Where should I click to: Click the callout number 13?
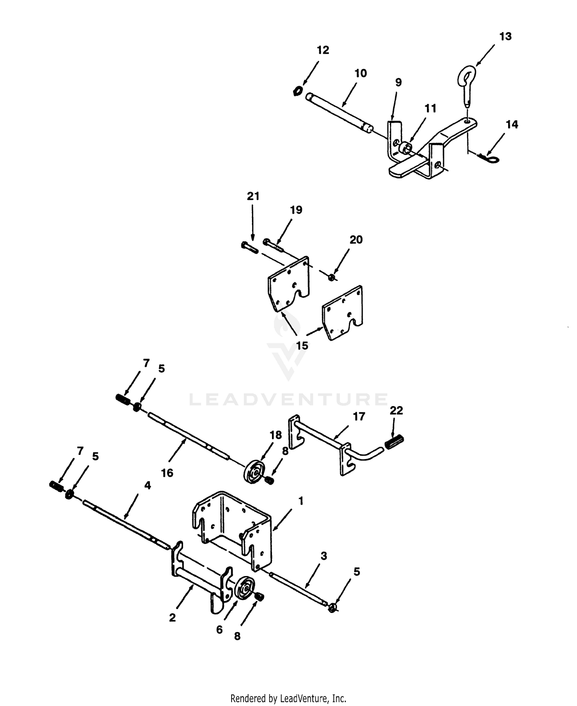coord(505,37)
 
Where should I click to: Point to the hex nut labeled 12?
coord(297,91)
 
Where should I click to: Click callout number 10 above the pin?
coord(360,73)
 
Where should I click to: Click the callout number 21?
coord(253,196)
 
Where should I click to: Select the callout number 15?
coord(302,345)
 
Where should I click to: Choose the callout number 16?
coord(167,473)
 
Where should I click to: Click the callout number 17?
coord(359,417)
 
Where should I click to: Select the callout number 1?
coord(301,501)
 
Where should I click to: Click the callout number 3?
coord(324,556)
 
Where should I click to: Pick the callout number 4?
coord(147,485)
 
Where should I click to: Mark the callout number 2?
coord(172,617)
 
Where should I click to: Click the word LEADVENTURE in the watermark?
coord(288,399)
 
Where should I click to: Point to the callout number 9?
coord(398,82)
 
